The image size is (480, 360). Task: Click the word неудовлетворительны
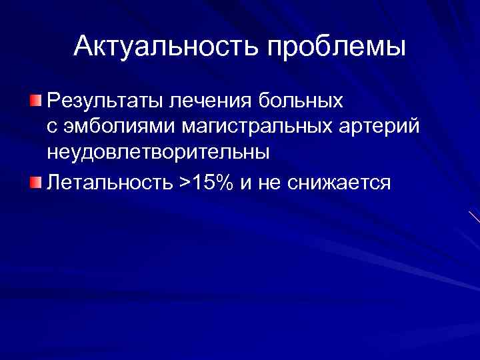[x=158, y=152]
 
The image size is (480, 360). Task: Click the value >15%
[x=203, y=182]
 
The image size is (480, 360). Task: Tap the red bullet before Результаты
[x=35, y=101]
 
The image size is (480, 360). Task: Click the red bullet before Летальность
[x=35, y=181]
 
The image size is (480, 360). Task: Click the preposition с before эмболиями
[x=51, y=127]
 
